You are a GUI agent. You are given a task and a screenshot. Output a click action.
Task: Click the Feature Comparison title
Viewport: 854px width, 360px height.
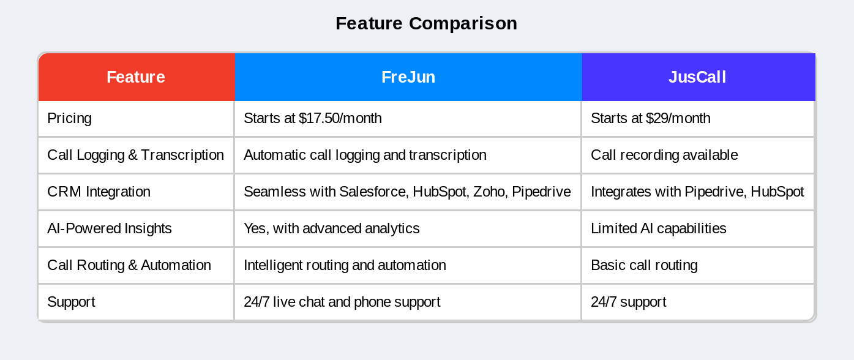point(426,23)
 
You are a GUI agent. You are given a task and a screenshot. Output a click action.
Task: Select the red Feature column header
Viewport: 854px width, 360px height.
point(136,77)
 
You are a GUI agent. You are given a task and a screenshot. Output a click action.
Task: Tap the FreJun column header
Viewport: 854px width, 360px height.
point(408,77)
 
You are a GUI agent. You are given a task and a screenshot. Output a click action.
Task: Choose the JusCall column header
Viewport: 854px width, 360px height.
point(697,77)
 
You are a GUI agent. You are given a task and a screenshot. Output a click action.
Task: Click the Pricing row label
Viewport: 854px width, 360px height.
point(69,118)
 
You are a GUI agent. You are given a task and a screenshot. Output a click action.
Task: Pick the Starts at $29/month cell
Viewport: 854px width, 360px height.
point(650,118)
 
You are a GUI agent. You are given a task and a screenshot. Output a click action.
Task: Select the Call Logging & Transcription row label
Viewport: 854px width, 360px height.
point(135,155)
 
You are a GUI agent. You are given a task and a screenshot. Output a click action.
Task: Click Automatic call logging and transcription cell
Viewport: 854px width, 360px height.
point(365,155)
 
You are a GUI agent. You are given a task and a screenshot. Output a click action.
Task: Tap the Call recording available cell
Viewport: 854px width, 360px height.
point(664,155)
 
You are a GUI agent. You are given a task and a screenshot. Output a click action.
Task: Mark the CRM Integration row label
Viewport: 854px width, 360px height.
point(99,192)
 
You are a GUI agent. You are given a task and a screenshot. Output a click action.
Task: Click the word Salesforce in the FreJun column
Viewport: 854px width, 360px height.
point(373,192)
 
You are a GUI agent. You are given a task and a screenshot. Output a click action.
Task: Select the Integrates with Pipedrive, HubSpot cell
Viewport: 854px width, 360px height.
point(697,192)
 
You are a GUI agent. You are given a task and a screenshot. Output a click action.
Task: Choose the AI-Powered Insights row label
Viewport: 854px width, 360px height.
point(109,228)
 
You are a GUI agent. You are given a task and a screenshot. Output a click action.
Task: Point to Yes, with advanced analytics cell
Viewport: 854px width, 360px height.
point(331,228)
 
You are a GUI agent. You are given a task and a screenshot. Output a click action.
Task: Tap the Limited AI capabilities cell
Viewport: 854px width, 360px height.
point(658,228)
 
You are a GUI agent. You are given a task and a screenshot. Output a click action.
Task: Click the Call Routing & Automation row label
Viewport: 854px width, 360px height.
point(129,265)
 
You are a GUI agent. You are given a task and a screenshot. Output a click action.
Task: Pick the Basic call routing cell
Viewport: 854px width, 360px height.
point(644,265)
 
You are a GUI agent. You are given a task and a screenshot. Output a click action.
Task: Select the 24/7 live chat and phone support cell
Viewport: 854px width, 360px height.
point(342,302)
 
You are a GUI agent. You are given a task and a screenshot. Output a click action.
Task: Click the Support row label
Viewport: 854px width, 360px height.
point(71,302)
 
